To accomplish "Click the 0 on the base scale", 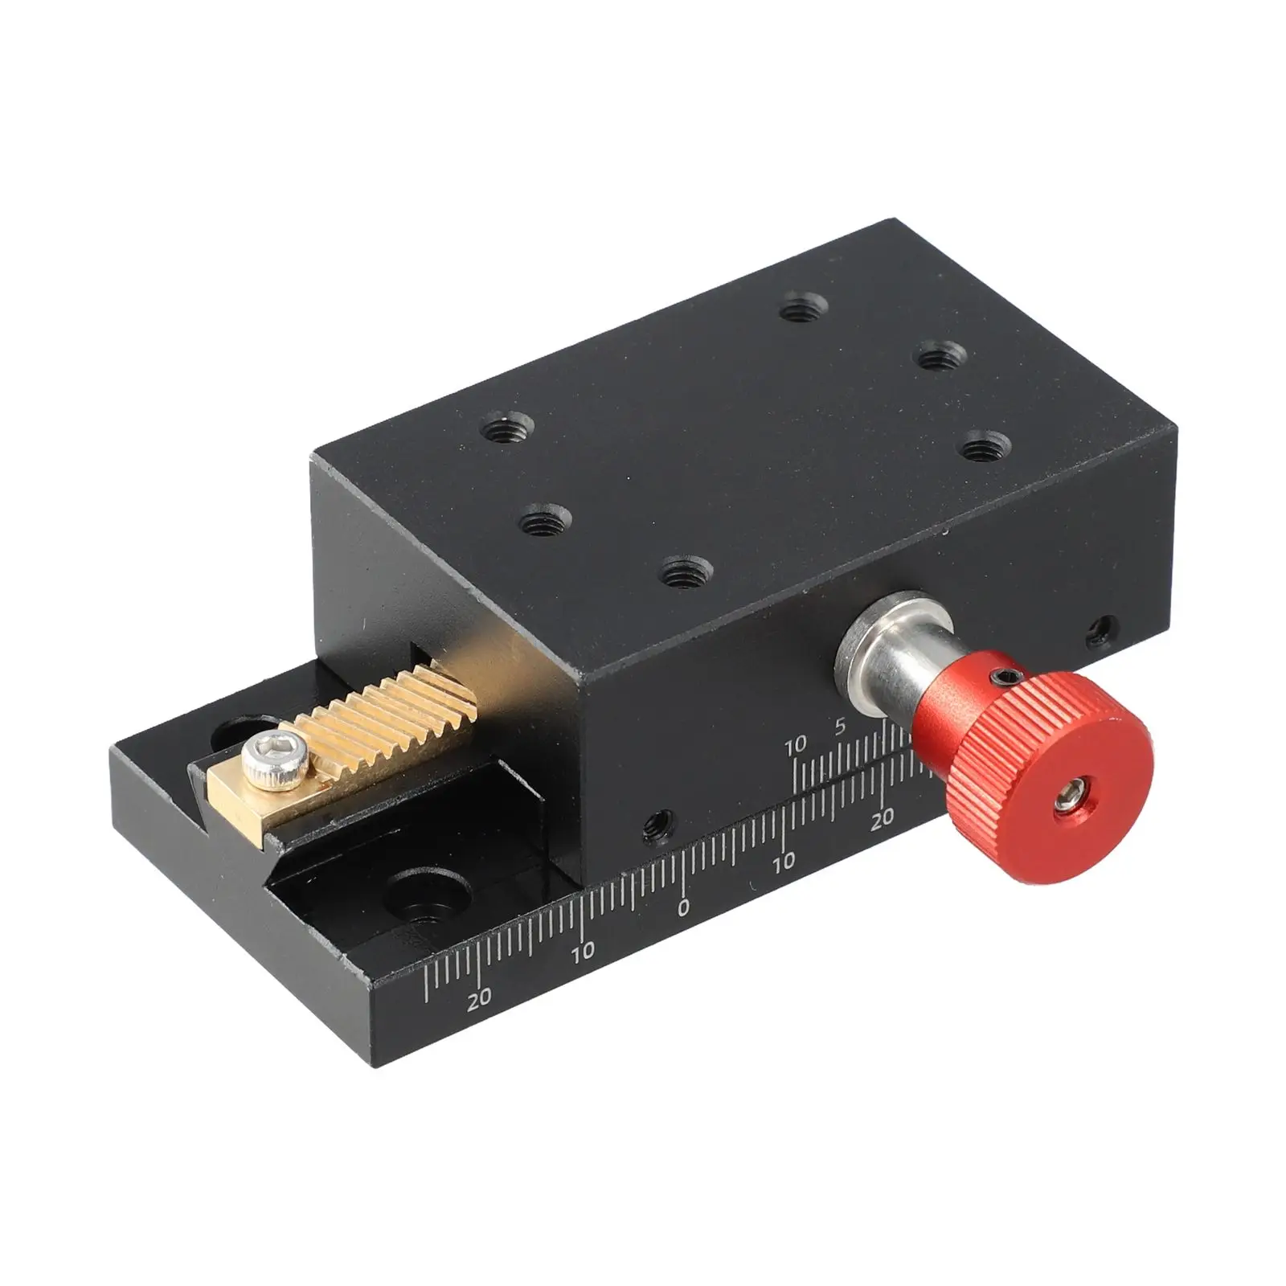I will pyautogui.click(x=683, y=909).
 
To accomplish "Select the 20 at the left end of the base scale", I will pyautogui.click(x=480, y=999).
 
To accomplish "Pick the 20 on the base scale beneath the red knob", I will pyautogui.click(x=883, y=818).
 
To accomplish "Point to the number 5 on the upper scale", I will pyautogui.click(x=839, y=727).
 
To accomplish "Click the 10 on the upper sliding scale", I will pyautogui.click(x=795, y=747).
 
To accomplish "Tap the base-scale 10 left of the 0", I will pyautogui.click(x=584, y=952).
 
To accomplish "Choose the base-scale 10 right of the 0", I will pyautogui.click(x=784, y=862).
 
